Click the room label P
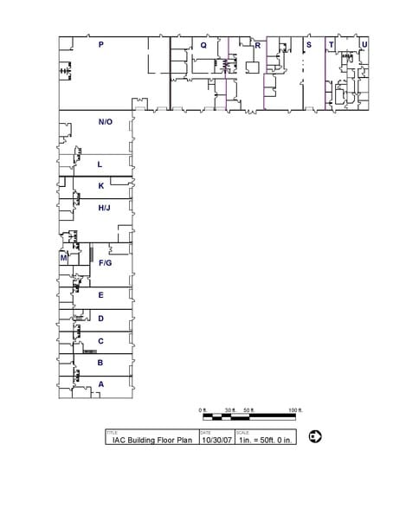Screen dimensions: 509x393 click(101, 44)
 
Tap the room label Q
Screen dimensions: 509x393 click(203, 44)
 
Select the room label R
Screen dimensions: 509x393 click(257, 44)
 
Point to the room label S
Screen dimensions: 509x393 click(308, 44)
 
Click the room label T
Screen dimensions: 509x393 click(331, 44)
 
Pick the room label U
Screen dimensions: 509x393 click(364, 44)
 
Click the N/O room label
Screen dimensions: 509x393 click(106, 122)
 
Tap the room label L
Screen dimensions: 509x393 click(100, 164)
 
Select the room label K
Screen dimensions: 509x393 click(101, 185)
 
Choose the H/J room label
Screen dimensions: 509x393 click(104, 208)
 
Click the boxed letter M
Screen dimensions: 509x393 click(63, 257)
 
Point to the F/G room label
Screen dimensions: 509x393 click(105, 262)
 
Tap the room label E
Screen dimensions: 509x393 click(101, 295)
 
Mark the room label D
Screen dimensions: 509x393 click(101, 319)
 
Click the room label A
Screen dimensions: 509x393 click(101, 383)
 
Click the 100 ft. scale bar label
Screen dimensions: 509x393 click(294, 409)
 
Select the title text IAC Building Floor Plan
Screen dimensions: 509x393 click(151, 439)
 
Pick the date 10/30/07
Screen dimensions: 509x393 click(216, 439)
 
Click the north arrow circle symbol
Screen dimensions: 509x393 click(315, 436)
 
